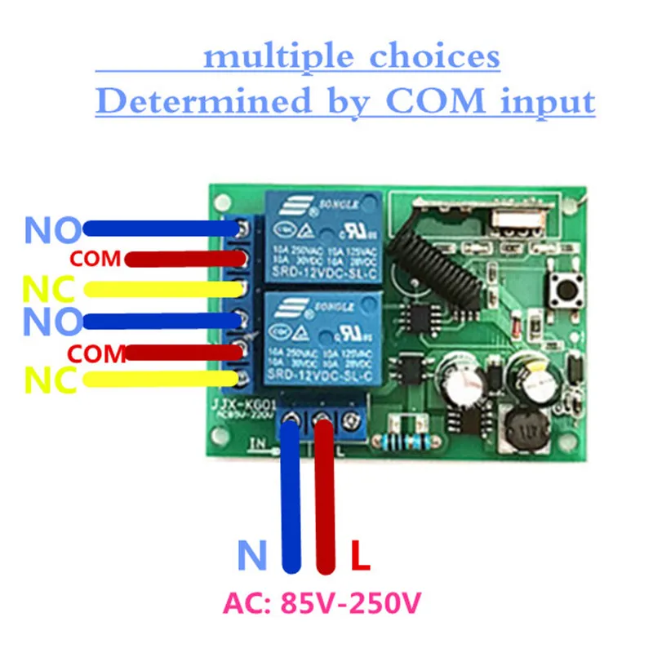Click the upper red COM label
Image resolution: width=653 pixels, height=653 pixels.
pyautogui.click(x=96, y=260)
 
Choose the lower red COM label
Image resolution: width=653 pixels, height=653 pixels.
pyautogui.click(x=96, y=353)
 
